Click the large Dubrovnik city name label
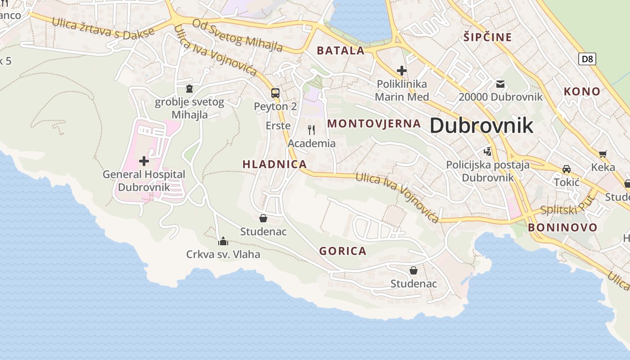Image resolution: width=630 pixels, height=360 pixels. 481,125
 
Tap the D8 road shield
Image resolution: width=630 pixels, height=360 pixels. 587,58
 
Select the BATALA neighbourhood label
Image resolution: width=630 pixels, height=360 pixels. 341,50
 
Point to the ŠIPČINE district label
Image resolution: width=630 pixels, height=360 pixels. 488,37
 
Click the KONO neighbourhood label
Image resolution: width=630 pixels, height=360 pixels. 582,91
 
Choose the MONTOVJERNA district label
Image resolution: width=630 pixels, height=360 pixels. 374,123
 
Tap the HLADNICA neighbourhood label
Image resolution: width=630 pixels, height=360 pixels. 274,164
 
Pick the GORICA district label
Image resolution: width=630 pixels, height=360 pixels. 343,251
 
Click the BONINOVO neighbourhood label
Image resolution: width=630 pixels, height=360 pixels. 562,227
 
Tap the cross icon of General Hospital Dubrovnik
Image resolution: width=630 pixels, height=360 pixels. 144,161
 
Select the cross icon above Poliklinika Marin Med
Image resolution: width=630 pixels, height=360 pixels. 402,71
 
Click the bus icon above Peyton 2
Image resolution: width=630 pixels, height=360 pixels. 275,93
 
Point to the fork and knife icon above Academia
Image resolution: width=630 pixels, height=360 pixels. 311,130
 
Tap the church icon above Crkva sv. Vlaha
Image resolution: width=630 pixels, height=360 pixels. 223,241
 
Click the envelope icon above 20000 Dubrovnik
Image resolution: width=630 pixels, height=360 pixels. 500,84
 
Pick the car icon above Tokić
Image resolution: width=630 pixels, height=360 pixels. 567,169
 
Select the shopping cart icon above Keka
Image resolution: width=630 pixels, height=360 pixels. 603,154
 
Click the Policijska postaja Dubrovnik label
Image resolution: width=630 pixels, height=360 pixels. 488,171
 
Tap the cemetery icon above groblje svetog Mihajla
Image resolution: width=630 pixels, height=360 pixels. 189,88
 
